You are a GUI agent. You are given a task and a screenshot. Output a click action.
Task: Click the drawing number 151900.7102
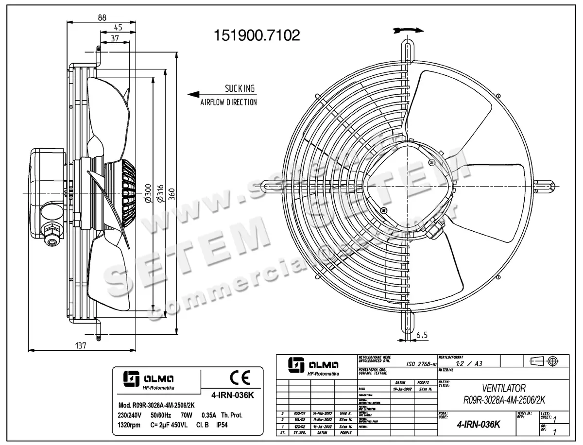click(257, 35)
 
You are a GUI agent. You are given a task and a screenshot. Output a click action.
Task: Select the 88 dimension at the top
click(102, 17)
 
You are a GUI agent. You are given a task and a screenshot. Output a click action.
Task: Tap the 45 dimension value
click(118, 28)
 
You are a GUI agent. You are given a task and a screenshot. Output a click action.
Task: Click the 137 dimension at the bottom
click(81, 346)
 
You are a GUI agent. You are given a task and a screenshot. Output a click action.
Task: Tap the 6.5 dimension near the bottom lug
click(422, 335)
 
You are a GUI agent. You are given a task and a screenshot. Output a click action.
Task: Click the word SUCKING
click(239, 88)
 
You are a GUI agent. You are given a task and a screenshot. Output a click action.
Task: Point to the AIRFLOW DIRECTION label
click(228, 103)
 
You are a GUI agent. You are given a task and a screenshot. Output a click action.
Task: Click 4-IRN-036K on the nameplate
click(234, 395)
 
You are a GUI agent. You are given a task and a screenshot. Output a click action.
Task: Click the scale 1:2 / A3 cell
click(467, 363)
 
